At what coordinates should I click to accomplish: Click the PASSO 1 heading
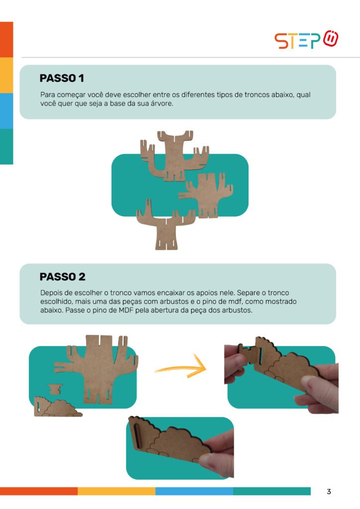click(x=62, y=78)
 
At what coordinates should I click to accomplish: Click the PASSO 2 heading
click(x=62, y=277)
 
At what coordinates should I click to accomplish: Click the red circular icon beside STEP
click(x=331, y=38)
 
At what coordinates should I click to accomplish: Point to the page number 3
click(x=329, y=492)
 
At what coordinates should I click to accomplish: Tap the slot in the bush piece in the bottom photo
click(x=138, y=435)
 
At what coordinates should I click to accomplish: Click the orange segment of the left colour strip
click(x=6, y=40)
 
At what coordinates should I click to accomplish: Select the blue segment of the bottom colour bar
click(x=194, y=491)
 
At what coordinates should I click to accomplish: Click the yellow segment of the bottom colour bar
click(x=116, y=491)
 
